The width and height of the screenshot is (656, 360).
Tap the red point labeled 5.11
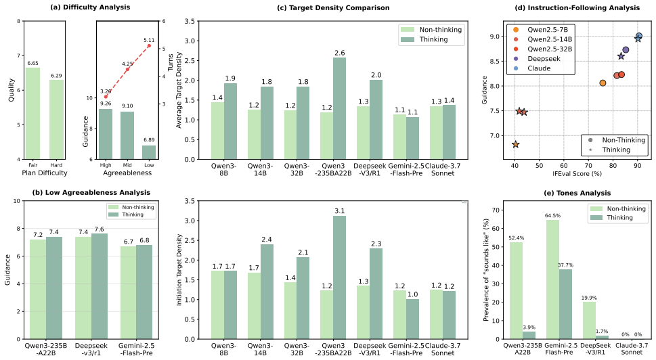point(149,45)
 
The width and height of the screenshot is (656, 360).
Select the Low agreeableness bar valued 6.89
point(149,152)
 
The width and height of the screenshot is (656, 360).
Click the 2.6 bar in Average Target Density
point(339,108)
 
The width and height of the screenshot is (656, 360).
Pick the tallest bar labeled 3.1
point(339,277)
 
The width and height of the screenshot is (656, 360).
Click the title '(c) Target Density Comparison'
point(334,7)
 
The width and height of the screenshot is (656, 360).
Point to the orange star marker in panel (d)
point(515,144)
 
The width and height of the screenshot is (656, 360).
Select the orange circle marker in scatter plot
point(603,83)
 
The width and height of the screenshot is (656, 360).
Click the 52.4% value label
point(517,238)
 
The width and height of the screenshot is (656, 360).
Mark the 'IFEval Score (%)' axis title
point(577,173)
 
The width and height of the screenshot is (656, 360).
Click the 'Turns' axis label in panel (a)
point(171,62)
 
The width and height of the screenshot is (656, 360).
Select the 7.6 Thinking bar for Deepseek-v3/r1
point(99,286)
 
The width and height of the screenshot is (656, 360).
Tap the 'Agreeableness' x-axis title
point(127,173)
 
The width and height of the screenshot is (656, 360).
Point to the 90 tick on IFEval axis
point(637,166)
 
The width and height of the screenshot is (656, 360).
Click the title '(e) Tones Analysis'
point(577,193)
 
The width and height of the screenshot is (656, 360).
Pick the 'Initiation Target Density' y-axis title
point(179,270)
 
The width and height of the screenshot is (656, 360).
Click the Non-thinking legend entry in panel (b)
point(131,207)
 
